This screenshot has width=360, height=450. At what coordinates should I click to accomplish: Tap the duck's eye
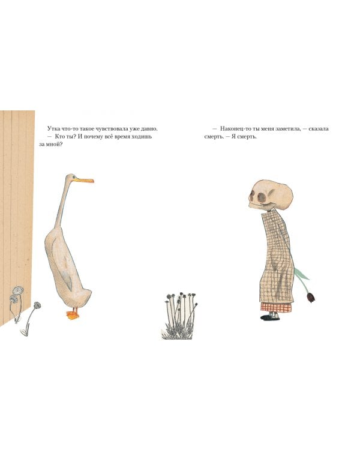point(74,177)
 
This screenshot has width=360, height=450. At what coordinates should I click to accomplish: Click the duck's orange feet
point(73,314)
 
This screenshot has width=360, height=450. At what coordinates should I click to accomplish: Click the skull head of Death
point(270,195)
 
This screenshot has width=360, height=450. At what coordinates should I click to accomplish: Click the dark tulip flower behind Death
point(311,297)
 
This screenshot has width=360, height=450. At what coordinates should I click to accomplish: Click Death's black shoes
point(270,317)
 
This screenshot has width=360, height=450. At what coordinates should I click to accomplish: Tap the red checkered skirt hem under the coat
point(276,307)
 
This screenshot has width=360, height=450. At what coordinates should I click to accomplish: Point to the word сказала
point(319,128)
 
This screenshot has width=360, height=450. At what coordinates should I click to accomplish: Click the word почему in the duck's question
point(94,136)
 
